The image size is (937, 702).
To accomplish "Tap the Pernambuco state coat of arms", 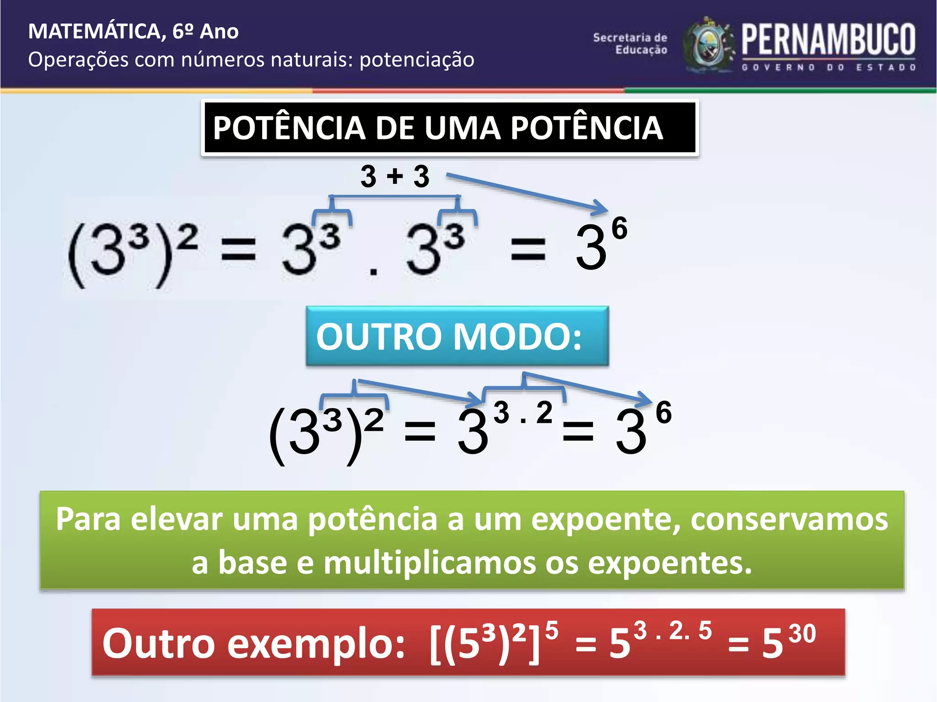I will (x=708, y=46).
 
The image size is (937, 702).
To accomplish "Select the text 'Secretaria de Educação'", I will (x=630, y=44).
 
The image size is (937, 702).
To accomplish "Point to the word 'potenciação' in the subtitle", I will (x=417, y=60).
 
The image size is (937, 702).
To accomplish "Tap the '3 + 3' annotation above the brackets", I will (x=395, y=176).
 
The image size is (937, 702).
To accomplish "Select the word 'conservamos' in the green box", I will (x=789, y=519).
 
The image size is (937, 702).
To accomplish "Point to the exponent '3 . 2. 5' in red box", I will (x=673, y=631).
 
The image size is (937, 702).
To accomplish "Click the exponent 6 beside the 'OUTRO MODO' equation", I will (x=663, y=412).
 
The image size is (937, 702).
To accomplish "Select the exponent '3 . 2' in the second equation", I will (x=523, y=413).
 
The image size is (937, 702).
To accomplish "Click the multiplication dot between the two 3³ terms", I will (x=373, y=272).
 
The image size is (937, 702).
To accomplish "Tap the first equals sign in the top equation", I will (x=238, y=250).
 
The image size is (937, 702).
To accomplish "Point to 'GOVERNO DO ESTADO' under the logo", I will (x=828, y=68).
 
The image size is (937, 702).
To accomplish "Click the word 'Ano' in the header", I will (x=219, y=32).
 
